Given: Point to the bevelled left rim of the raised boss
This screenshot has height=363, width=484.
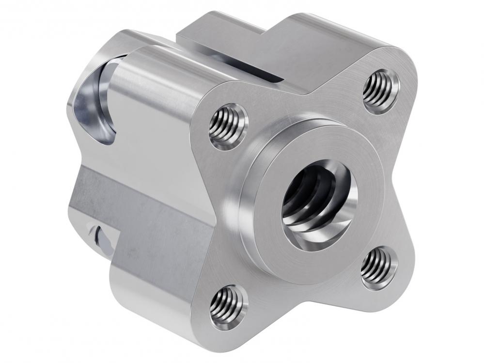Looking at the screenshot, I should (x=247, y=204).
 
